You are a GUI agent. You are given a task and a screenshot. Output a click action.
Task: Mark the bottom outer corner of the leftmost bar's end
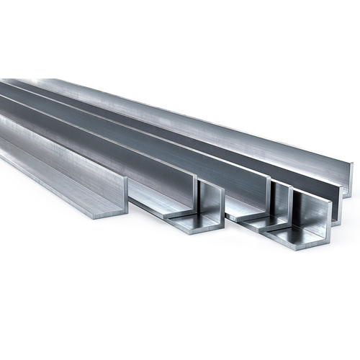pos(126,213)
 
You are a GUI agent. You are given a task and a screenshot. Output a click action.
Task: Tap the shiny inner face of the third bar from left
pos(210,205)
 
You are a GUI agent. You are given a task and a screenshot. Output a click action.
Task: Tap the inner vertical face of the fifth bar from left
pos(281,205)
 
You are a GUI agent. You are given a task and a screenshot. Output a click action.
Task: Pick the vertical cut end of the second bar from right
pos(339,204)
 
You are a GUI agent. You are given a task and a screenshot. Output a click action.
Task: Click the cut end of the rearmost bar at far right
pos(351,180)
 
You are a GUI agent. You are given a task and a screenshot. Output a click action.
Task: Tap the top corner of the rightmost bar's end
pos(352,164)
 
